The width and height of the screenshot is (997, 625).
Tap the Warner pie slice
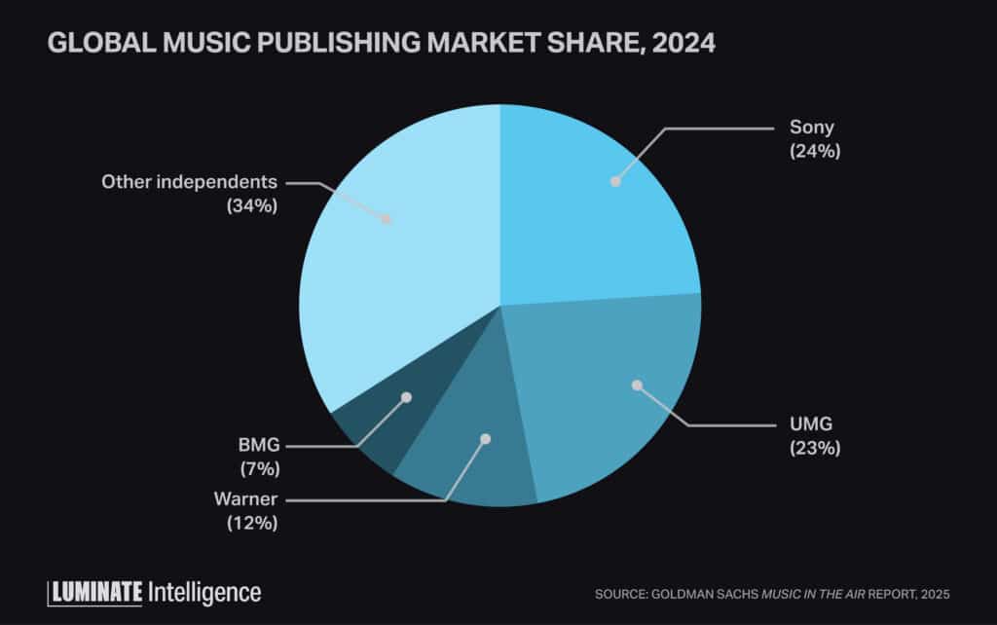coord(467,467)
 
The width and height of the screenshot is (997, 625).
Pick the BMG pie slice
coord(380,428)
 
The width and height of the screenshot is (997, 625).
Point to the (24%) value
coord(813,152)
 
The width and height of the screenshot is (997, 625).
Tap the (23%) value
coord(813,449)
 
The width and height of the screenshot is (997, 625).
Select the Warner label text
coord(245,499)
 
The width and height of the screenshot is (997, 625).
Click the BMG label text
coord(258,445)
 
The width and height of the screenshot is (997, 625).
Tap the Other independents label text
coord(190,182)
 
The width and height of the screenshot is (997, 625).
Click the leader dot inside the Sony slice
coord(614,181)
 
